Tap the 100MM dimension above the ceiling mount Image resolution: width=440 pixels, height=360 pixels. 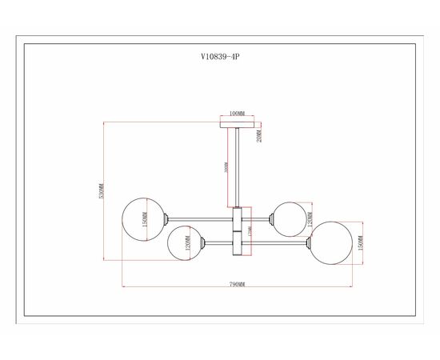pos(237,114)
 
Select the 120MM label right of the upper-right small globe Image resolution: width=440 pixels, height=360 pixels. pos(310,217)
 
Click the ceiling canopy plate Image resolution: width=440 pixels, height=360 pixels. pos(237,124)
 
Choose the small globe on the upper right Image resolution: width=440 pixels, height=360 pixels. pos(286,217)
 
